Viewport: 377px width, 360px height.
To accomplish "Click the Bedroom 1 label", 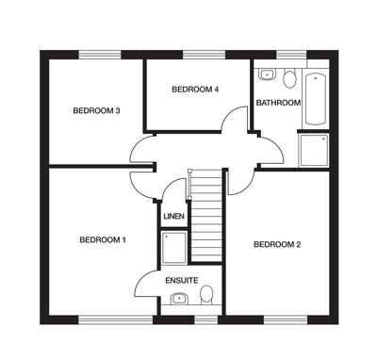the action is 103,240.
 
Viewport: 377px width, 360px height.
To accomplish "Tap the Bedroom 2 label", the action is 277,244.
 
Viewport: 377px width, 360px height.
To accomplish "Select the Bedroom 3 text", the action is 96,110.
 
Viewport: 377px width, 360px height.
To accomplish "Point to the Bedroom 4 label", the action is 195,90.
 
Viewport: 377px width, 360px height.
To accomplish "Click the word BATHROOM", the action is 278,103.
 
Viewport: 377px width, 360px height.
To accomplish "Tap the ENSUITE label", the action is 182,280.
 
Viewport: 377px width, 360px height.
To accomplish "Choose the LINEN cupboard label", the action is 173,217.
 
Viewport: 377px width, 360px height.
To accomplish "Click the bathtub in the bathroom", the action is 316,99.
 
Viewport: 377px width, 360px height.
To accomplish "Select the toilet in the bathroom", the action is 289,78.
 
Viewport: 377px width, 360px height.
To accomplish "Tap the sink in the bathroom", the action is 268,74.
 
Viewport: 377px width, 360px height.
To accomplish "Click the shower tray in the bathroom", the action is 314,150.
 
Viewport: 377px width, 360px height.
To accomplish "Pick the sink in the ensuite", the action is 179,299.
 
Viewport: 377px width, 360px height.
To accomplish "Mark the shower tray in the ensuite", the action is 174,248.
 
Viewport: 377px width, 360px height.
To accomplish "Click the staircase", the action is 206,216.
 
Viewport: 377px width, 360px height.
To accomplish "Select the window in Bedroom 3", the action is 100,55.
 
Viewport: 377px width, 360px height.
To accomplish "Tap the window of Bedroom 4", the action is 205,55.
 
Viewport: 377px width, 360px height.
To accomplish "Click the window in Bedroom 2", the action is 286,320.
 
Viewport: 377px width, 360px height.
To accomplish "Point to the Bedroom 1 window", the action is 115,320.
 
